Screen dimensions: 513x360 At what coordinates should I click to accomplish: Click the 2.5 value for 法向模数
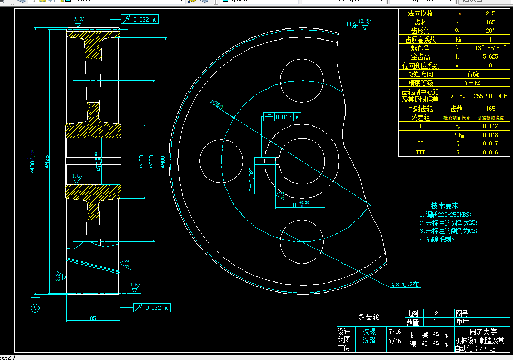pos(490,13)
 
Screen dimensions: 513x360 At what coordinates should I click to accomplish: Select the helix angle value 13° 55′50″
pos(490,48)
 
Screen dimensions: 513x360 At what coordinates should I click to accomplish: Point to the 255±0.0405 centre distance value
pos(490,96)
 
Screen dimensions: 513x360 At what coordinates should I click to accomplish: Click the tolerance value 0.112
pos(490,126)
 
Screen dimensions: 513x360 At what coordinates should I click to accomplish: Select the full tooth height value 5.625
pos(490,56)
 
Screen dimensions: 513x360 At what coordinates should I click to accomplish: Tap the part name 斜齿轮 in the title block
pos(369,317)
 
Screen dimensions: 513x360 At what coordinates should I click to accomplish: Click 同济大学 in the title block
pos(483,332)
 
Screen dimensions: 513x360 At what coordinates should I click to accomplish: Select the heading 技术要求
pos(445,206)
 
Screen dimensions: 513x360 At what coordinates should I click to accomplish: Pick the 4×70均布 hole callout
pos(405,285)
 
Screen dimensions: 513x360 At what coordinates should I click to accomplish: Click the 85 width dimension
pos(93,318)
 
